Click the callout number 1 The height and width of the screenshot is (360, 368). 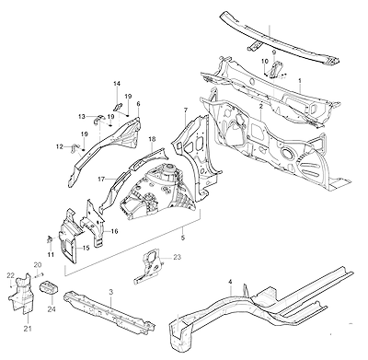pos(300,81)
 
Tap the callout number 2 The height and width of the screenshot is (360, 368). pos(260,107)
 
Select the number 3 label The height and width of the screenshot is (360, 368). pos(111,292)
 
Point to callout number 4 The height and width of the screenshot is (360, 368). pos(230,282)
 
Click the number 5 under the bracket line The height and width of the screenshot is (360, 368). pos(183,238)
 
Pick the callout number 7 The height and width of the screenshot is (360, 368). pos(186,110)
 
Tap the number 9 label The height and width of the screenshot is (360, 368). pos(274,52)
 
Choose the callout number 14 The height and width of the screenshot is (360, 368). pos(117,84)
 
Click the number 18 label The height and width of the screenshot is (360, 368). pos(152,139)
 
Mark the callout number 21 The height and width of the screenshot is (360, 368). pos(28,329)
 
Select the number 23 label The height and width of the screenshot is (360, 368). pos(177,257)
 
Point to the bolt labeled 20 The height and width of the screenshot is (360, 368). pos(40,275)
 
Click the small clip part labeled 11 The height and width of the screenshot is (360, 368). pos(49,239)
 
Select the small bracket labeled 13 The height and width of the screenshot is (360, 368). pos(98,119)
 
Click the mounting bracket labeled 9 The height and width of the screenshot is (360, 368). pos(276,69)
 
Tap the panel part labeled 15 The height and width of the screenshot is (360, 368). pos(68,235)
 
